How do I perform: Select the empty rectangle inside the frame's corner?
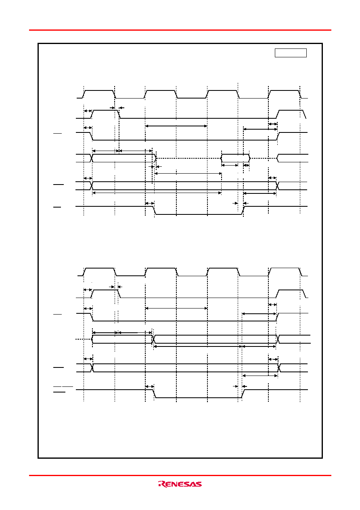tap(291, 53)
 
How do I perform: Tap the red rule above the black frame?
tap(180, 30)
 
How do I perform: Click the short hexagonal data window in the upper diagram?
tap(235, 158)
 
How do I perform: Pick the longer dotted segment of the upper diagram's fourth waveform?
tap(188, 158)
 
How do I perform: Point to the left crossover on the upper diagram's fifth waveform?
tap(92, 186)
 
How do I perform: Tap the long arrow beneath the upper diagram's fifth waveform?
tap(157, 193)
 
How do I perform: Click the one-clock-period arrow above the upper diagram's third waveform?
tap(176, 126)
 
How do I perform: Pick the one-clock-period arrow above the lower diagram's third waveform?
tap(176, 308)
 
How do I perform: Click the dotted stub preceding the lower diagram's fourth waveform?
tap(83, 339)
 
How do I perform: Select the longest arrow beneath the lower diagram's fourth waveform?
tap(198, 346)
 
